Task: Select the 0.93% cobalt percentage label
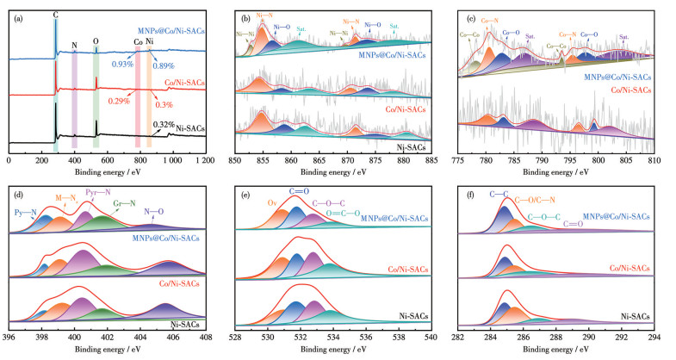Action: (123, 65)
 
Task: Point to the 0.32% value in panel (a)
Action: (175, 125)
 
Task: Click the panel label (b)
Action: (246, 14)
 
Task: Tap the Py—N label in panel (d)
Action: (27, 210)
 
